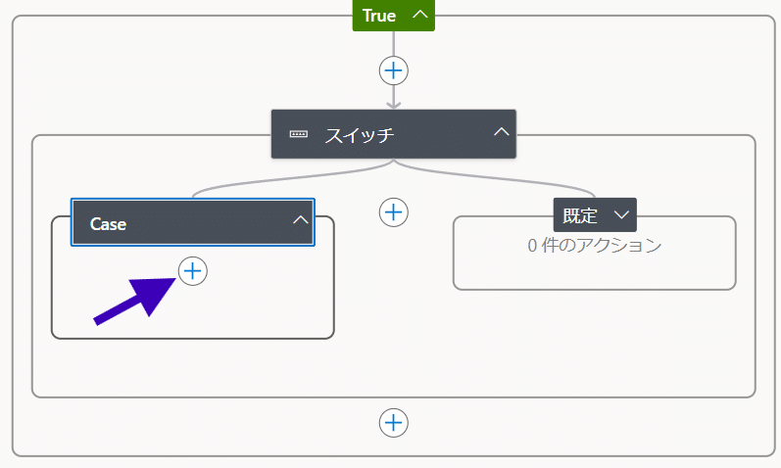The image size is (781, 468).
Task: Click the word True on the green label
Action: tap(379, 15)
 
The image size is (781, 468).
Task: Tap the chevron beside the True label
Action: tap(419, 15)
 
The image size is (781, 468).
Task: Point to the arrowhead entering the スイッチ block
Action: tap(393, 103)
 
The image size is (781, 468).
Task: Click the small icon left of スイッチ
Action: tap(298, 134)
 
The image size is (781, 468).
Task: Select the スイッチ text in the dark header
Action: tap(359, 134)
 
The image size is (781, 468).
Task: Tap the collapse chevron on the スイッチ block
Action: tap(501, 132)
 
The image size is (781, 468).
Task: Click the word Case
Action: tap(108, 223)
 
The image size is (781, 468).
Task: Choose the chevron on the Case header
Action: tap(300, 221)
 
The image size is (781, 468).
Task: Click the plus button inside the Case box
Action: tap(193, 271)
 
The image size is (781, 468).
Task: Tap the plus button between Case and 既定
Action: tap(393, 211)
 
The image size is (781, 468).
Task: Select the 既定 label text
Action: tap(580, 214)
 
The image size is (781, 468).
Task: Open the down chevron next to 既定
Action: tap(620, 214)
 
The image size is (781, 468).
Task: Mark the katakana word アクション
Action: tap(623, 246)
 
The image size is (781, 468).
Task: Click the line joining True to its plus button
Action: tap(393, 44)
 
